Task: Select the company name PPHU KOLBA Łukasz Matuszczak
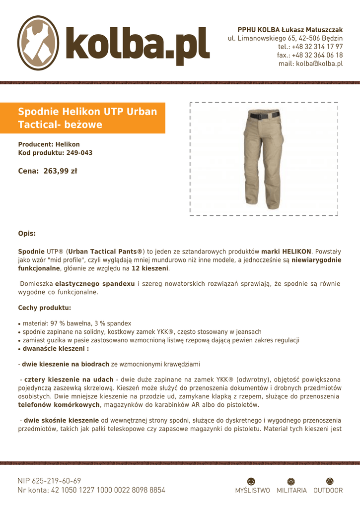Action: click(290, 30)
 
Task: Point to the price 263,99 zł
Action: click(60, 171)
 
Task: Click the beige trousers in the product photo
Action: click(261, 159)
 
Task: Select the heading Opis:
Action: click(27, 233)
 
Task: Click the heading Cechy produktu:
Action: click(45, 308)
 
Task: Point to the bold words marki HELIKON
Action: click(286, 252)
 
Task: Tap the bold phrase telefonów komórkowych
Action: click(59, 405)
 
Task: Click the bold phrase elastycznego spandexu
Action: click(95, 284)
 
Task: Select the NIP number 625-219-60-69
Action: click(49, 481)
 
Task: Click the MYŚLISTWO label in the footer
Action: click(252, 491)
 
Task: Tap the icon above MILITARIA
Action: click(291, 481)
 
